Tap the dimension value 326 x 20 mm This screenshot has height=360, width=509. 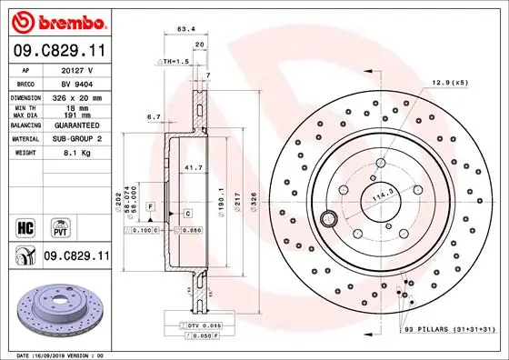tap(85, 96)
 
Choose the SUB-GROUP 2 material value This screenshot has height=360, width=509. tap(85, 140)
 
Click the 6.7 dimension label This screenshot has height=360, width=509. tap(153, 116)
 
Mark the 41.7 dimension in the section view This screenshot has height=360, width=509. tap(193, 168)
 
